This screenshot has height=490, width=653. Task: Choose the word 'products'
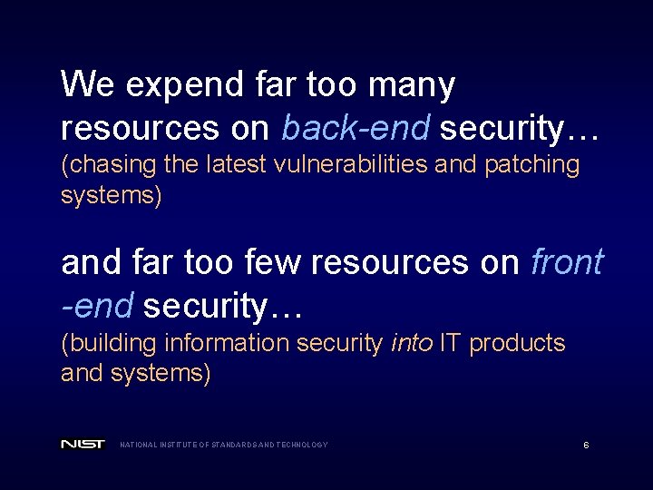[x=520, y=345]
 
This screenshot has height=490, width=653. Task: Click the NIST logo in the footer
[x=83, y=445]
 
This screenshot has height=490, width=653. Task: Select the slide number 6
[x=586, y=445]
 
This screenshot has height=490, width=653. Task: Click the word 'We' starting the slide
[x=87, y=86]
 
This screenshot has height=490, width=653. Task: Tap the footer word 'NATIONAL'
[x=138, y=445]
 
